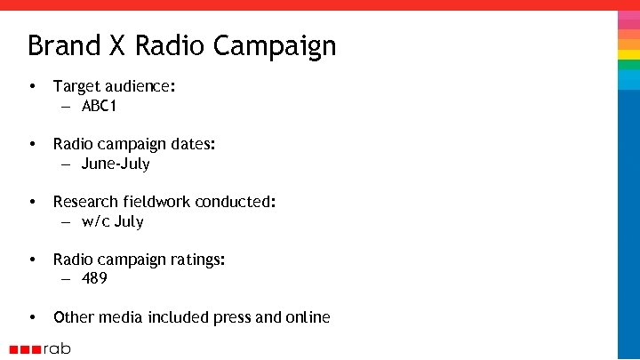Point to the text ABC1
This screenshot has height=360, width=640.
coord(99,107)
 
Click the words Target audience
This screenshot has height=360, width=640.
coord(115,86)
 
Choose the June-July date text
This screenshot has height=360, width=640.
coord(116,164)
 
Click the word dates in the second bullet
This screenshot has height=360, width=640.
coord(193,144)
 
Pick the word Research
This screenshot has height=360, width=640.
coord(87,202)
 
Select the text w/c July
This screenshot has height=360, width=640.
coord(112,221)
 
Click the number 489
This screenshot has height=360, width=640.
coord(94,279)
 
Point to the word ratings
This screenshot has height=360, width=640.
coord(198,260)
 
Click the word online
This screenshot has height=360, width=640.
coord(307,317)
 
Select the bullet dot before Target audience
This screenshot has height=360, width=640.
coord(32,87)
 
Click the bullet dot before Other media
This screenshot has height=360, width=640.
coord(32,317)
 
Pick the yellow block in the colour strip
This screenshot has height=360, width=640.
coord(628,54)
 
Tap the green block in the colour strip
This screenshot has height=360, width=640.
coord(628,65)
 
